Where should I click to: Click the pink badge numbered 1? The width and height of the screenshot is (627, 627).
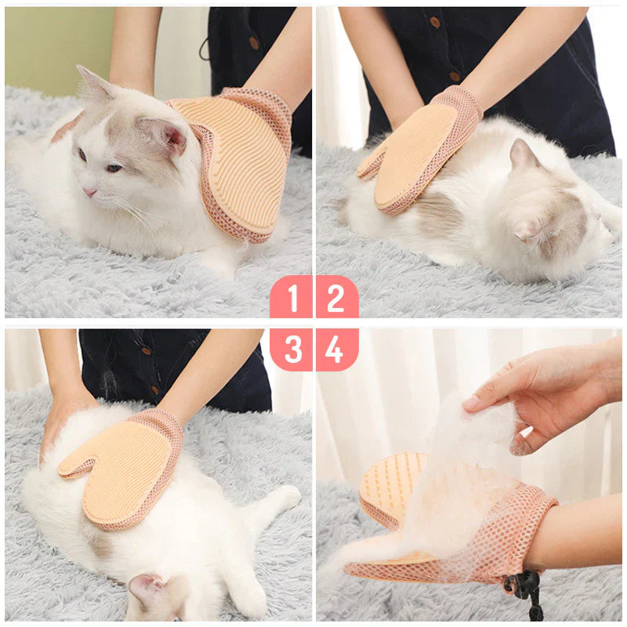click(292, 298)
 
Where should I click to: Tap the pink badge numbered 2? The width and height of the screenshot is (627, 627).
click(336, 298)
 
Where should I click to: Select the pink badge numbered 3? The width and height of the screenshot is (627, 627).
click(292, 349)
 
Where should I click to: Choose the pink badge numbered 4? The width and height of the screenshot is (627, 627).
click(336, 349)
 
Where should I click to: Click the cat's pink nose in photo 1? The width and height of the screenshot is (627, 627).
click(90, 191)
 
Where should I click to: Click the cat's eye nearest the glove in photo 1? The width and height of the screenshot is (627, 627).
click(114, 167)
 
